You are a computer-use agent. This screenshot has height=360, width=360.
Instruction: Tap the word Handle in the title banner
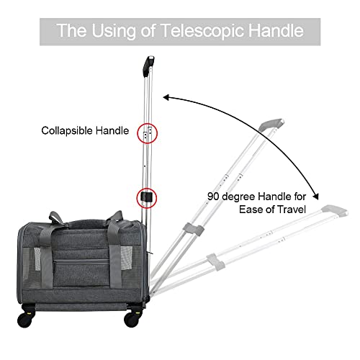point(276,30)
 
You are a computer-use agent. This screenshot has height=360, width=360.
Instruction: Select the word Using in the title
point(114,32)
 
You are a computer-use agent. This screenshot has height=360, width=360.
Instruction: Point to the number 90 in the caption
point(214,197)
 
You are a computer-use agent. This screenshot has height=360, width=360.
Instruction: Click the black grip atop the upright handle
point(148,66)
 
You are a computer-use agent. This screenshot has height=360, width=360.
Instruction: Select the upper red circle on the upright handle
point(147,133)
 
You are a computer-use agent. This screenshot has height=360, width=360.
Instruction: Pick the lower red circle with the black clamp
point(147,198)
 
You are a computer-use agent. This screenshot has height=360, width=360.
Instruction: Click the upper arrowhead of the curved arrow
point(166,97)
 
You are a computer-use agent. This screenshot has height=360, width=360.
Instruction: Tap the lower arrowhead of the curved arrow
point(316,197)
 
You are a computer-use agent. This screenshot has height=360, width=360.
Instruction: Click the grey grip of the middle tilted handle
point(271,125)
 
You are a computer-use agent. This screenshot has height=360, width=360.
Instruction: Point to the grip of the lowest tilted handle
point(335,210)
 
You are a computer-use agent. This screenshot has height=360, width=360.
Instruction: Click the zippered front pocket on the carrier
point(81,272)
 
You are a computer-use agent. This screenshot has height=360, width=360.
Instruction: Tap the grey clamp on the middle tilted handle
point(193,229)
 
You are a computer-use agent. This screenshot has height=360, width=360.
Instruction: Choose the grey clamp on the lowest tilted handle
point(216,261)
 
